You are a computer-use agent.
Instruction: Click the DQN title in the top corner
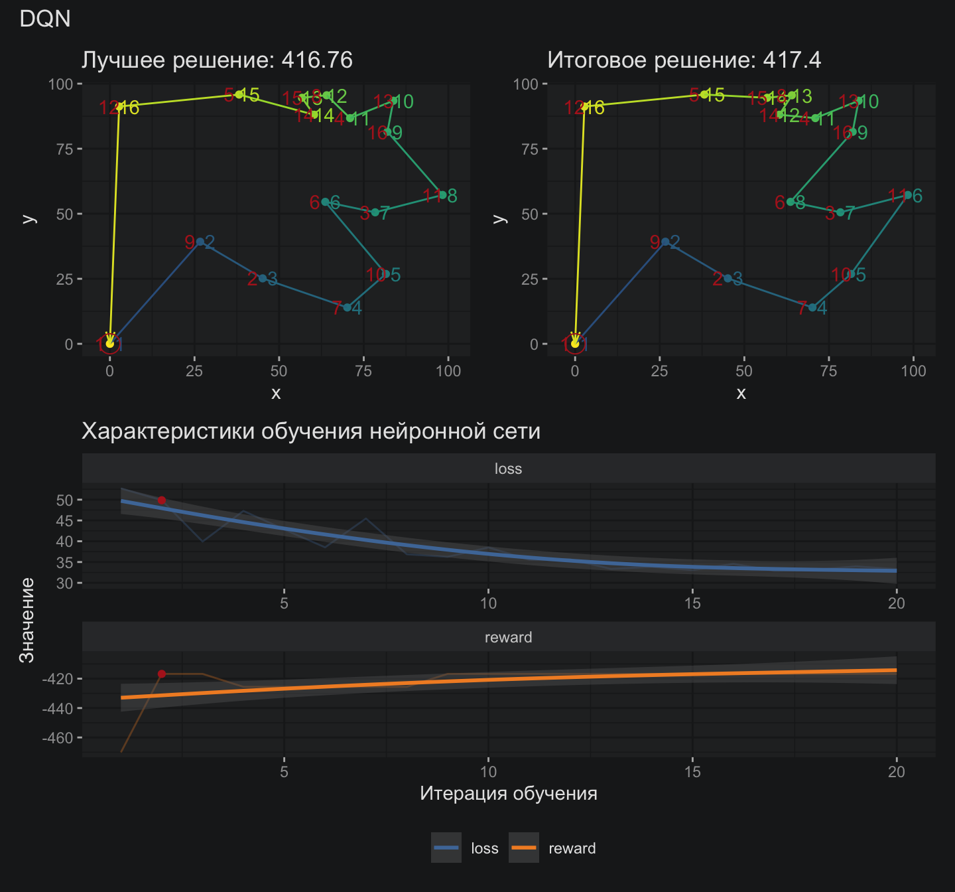(x=45, y=19)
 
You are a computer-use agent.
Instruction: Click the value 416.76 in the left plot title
(x=317, y=60)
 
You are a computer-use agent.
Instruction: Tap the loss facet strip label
(x=508, y=469)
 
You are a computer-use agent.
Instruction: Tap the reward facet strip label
(x=508, y=637)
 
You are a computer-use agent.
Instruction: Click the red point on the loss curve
(x=161, y=500)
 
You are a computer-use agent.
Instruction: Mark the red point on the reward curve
(x=161, y=674)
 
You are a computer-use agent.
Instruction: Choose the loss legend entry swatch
(x=446, y=848)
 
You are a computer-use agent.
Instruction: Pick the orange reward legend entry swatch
(x=524, y=848)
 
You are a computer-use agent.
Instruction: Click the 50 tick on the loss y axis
(x=64, y=500)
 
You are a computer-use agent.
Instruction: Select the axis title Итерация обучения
(x=508, y=793)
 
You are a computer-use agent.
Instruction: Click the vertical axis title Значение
(x=27, y=620)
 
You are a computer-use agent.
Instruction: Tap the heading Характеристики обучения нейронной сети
(x=310, y=431)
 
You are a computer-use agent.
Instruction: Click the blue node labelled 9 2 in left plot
(x=200, y=242)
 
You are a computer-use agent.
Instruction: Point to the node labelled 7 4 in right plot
(x=812, y=307)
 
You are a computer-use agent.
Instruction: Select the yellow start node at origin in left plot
(x=109, y=343)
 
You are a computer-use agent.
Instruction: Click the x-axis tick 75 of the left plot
(x=363, y=371)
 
